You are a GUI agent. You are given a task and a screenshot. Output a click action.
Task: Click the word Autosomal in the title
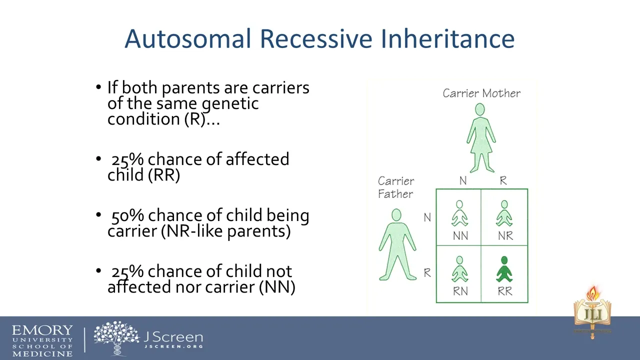pos(187,38)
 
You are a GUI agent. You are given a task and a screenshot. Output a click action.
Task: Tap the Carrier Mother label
pos(481,93)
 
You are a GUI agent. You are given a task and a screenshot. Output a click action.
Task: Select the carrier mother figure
pos(481,138)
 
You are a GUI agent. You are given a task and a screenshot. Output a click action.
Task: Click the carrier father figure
pos(397,244)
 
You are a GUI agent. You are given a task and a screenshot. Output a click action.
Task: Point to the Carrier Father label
pos(395,187)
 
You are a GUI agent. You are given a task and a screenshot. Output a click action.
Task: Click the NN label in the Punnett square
pos(460,236)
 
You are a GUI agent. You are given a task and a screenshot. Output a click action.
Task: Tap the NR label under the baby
pos(505,236)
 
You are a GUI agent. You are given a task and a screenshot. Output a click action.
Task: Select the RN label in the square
pos(460,291)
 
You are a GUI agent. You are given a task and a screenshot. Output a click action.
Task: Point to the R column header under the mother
pos(503,180)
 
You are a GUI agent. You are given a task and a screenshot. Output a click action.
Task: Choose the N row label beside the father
pos(427,217)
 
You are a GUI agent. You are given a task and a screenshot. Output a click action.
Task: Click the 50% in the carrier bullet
pos(127,215)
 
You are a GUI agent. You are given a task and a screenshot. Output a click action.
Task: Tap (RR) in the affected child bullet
pos(164,175)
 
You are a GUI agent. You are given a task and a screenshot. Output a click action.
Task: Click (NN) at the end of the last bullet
pos(277,287)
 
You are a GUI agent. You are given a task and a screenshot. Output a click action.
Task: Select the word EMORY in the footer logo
pos(42,330)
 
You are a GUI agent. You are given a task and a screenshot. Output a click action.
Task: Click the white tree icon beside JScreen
pos(116,338)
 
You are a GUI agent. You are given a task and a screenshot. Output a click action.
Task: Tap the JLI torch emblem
pos(592,312)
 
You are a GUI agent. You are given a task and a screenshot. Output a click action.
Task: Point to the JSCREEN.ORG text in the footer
pos(173,346)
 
